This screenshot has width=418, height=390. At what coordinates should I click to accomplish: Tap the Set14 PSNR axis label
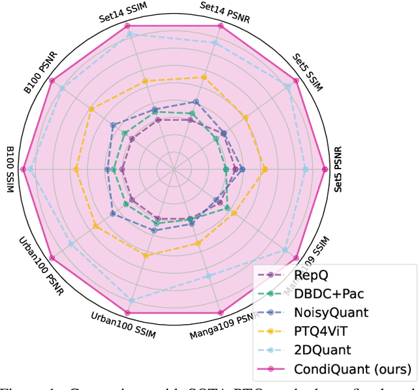tap(222, 8)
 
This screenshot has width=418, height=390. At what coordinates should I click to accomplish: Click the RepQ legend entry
tap(311, 276)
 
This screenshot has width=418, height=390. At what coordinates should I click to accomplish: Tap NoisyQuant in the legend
tap(330, 313)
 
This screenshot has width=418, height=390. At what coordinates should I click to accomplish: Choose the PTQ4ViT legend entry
tap(323, 331)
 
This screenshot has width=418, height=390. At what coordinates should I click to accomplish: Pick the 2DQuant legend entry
tap(322, 349)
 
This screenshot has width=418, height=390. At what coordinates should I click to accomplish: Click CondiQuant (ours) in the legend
tap(353, 368)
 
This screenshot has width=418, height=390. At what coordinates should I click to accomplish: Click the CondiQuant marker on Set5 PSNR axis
tap(325, 169)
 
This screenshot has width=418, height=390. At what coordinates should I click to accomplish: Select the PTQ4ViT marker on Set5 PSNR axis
tap(265, 169)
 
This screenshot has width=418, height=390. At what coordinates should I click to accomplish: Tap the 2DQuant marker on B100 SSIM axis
tap(30, 169)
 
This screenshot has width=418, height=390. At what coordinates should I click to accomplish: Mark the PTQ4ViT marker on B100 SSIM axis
tap(76, 169)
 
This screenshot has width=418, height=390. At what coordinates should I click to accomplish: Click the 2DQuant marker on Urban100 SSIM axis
tap(131, 300)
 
